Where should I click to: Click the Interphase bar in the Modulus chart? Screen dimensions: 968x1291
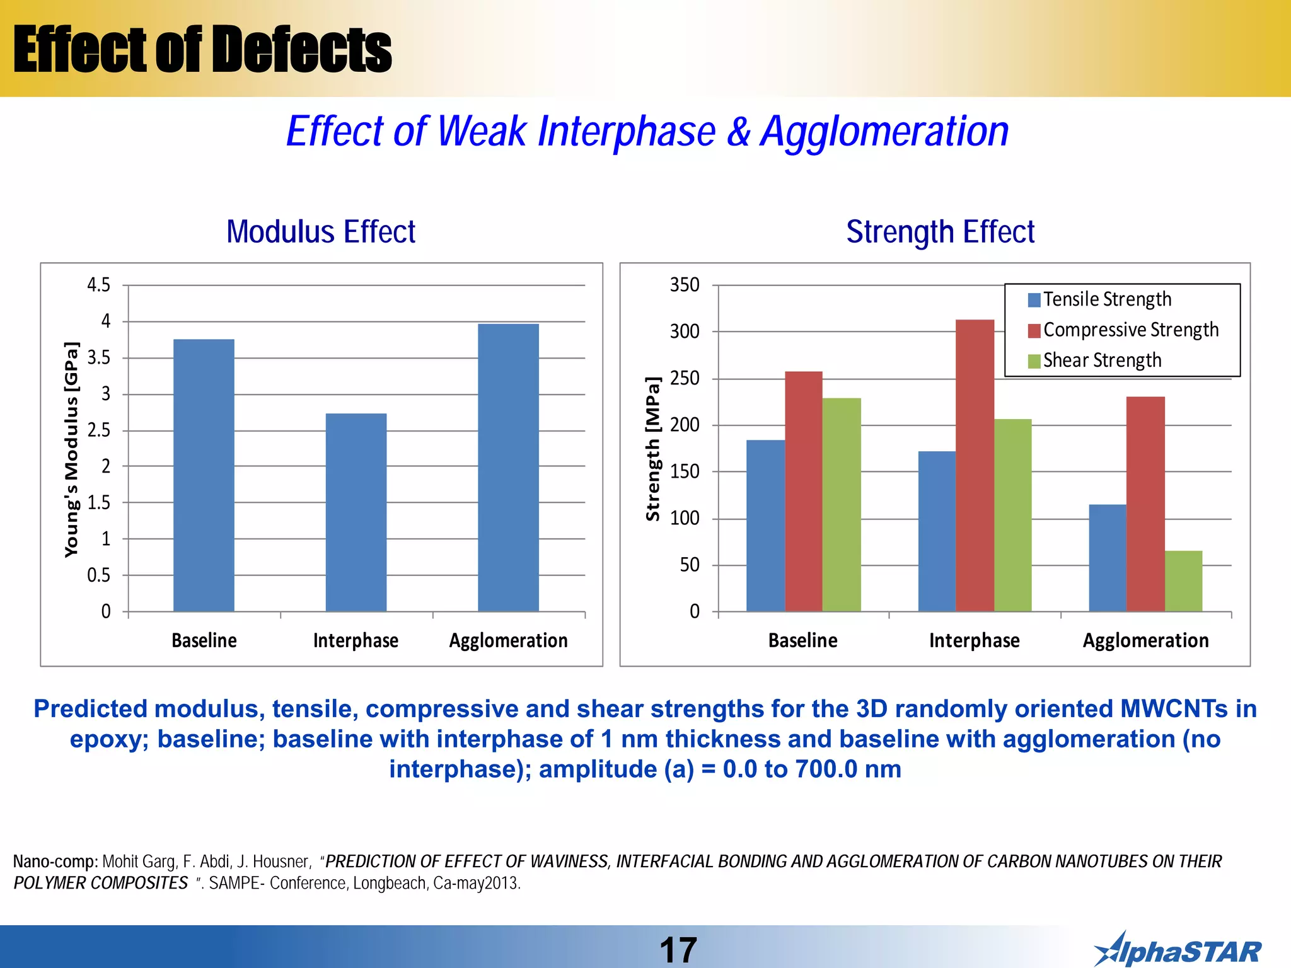356,512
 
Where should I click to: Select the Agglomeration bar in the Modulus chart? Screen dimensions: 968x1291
508,467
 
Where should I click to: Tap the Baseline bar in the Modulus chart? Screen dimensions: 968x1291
204,475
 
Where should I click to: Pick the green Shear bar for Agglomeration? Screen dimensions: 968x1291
1183,580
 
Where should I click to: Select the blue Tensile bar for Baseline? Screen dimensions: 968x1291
765,525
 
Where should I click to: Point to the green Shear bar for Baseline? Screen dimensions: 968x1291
842,504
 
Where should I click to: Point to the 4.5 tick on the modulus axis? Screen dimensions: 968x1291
98,285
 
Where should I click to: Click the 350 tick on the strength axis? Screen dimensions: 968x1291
685,285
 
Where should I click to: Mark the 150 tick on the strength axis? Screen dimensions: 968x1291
685,471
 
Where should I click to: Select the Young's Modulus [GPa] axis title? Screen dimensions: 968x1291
72,449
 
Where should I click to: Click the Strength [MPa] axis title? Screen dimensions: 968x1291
653,449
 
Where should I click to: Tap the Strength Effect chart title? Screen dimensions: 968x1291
940,231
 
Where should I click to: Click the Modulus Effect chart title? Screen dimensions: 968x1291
321,231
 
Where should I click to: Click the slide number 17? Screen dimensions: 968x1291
678,950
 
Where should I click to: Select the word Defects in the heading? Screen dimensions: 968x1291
301,49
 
